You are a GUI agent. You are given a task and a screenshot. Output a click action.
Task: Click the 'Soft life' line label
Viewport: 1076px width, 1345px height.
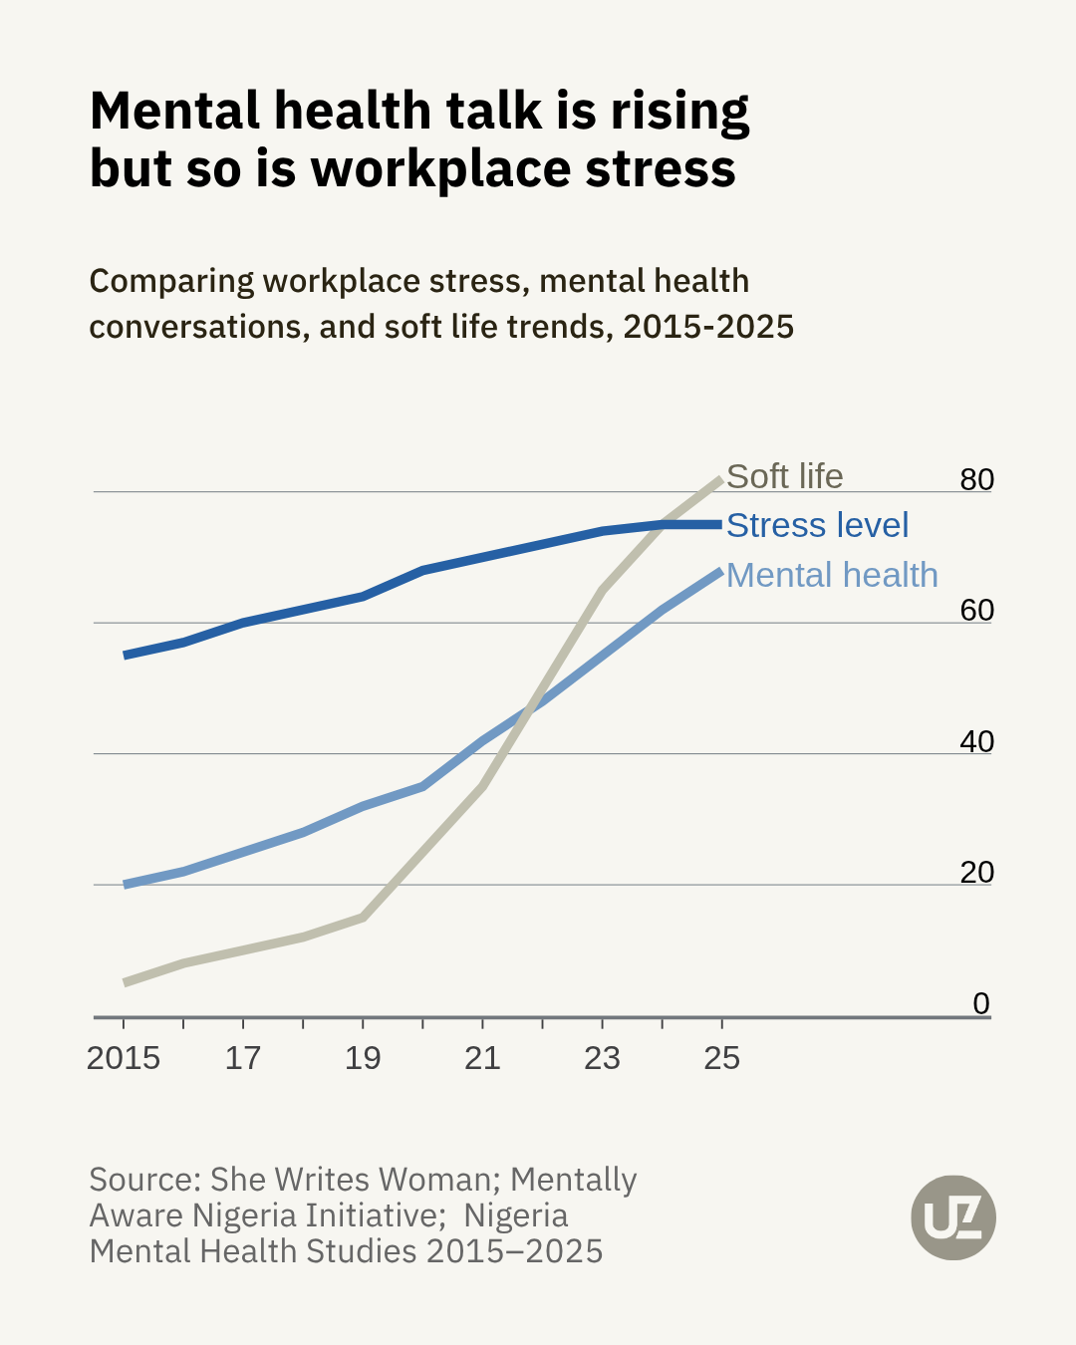pyautogui.click(x=784, y=476)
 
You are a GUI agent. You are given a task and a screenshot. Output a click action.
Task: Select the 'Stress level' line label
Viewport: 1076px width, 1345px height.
pyautogui.click(x=817, y=525)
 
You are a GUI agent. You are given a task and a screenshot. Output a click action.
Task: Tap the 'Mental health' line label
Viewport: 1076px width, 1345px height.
pyautogui.click(x=832, y=575)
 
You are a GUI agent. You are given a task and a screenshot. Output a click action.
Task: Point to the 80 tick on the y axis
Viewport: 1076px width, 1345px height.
pyautogui.click(x=976, y=479)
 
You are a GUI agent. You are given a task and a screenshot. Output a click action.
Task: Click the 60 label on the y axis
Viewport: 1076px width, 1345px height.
pyautogui.click(x=976, y=610)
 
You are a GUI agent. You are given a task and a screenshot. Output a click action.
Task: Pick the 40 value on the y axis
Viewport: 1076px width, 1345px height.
pyautogui.click(x=976, y=741)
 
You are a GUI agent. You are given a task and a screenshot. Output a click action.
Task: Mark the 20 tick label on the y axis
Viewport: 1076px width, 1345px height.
pyautogui.click(x=976, y=872)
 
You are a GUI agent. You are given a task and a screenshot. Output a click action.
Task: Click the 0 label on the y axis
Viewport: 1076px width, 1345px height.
pyautogui.click(x=981, y=1003)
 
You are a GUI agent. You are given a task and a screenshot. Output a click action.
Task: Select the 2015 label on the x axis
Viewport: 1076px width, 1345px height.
pyautogui.click(x=124, y=1058)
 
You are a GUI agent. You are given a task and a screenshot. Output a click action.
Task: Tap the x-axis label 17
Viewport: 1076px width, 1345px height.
pyautogui.click(x=243, y=1058)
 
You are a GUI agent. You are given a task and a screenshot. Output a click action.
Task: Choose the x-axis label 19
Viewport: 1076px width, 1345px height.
pyautogui.click(x=363, y=1058)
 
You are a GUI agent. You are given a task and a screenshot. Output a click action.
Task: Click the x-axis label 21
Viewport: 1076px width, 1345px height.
pyautogui.click(x=482, y=1058)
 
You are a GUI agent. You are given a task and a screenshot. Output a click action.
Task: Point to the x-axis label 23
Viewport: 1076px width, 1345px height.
pyautogui.click(x=602, y=1058)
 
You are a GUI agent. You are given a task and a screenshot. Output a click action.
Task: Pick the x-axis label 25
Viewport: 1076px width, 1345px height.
pyautogui.click(x=721, y=1058)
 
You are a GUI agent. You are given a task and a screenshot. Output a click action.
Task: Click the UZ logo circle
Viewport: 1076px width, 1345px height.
pyautogui.click(x=953, y=1217)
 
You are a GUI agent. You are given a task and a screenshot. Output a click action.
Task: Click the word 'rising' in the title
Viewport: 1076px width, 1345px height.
pyautogui.click(x=679, y=112)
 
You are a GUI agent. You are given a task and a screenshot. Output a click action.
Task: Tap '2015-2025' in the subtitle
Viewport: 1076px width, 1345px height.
pyautogui.click(x=708, y=327)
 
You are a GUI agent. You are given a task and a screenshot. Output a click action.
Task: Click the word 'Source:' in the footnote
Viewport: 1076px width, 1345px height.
pyautogui.click(x=144, y=1180)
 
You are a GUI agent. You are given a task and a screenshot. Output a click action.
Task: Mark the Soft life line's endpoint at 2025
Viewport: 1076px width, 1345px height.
pyautogui.click(x=721, y=479)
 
